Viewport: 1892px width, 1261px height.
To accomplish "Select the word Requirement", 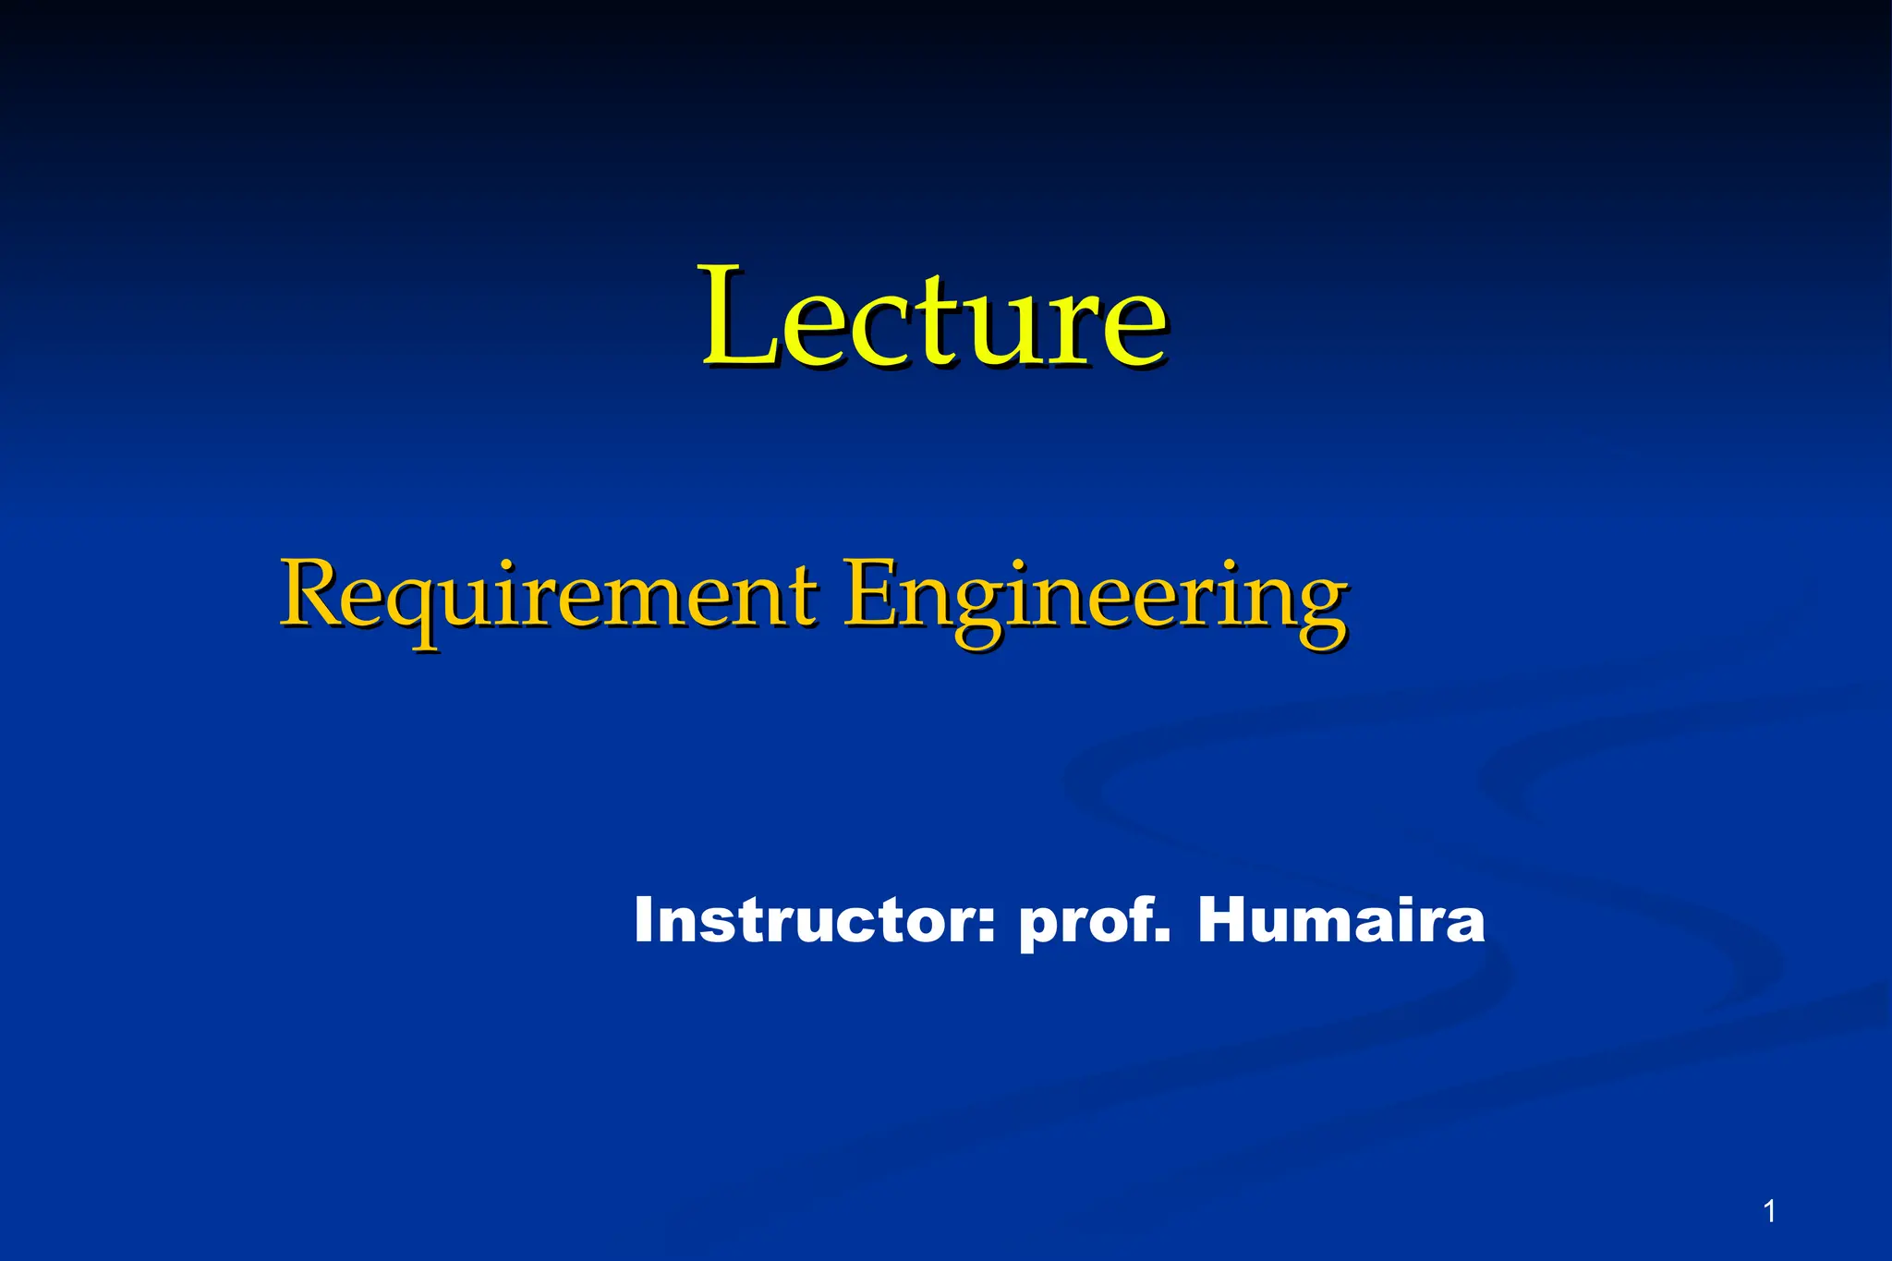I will (548, 596).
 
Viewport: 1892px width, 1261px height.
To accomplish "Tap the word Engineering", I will (1095, 596).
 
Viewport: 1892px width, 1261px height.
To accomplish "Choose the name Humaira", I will (1340, 921).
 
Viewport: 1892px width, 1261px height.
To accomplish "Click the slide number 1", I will (1769, 1210).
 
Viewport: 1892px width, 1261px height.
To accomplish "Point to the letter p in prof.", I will (1037, 928).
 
